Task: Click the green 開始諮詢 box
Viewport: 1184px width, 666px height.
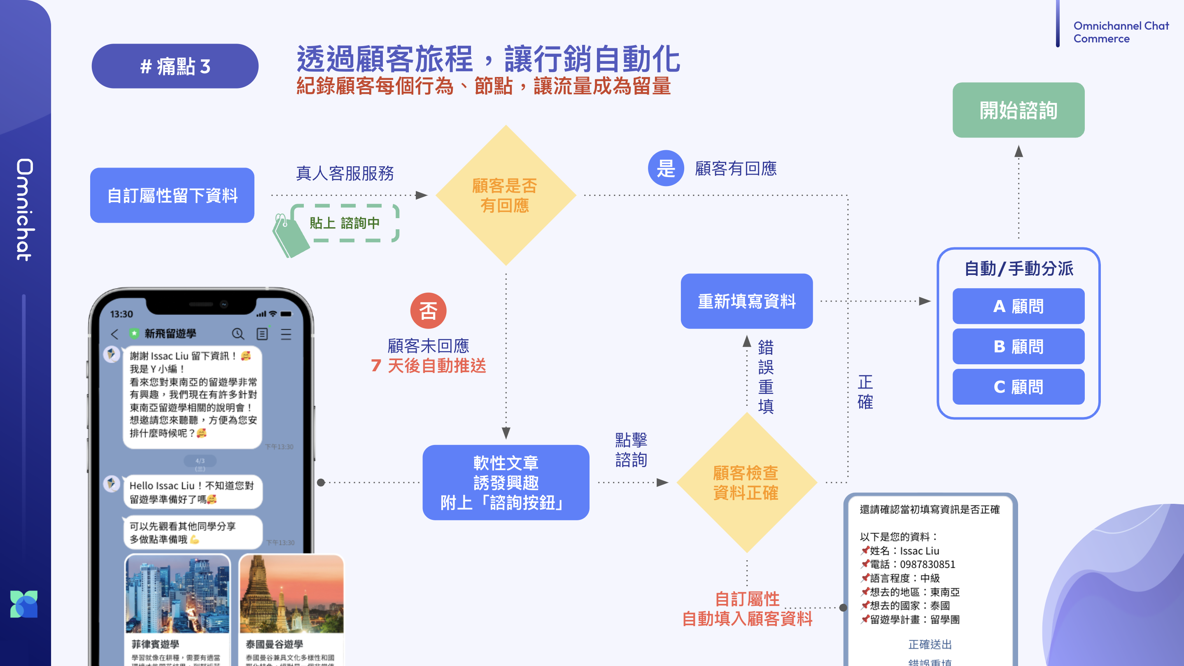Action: tap(1018, 110)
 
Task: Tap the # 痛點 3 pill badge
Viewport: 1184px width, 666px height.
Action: tap(175, 66)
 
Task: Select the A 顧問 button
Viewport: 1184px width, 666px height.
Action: tap(1018, 306)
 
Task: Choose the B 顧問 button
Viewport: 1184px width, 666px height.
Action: tap(1018, 347)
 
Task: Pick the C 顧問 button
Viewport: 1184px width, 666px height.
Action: tap(1018, 387)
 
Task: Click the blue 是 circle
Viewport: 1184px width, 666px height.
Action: tap(666, 168)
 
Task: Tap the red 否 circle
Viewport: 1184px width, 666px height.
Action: tap(428, 311)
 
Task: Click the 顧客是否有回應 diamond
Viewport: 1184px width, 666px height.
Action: tap(506, 196)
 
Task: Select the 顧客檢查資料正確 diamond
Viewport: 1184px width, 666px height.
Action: tap(746, 482)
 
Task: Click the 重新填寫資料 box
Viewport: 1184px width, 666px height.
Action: tap(746, 301)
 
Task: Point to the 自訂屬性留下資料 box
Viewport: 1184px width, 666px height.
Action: tap(172, 196)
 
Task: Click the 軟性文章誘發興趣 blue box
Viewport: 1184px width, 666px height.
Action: tap(506, 482)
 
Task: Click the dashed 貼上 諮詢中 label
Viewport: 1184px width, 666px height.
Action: tap(345, 223)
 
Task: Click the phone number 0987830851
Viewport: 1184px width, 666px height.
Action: tap(927, 564)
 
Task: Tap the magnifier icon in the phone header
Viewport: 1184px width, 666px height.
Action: tap(238, 334)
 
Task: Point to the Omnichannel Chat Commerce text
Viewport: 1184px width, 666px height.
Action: tap(1121, 32)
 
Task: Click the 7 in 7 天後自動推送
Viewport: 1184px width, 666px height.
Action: tap(376, 366)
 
